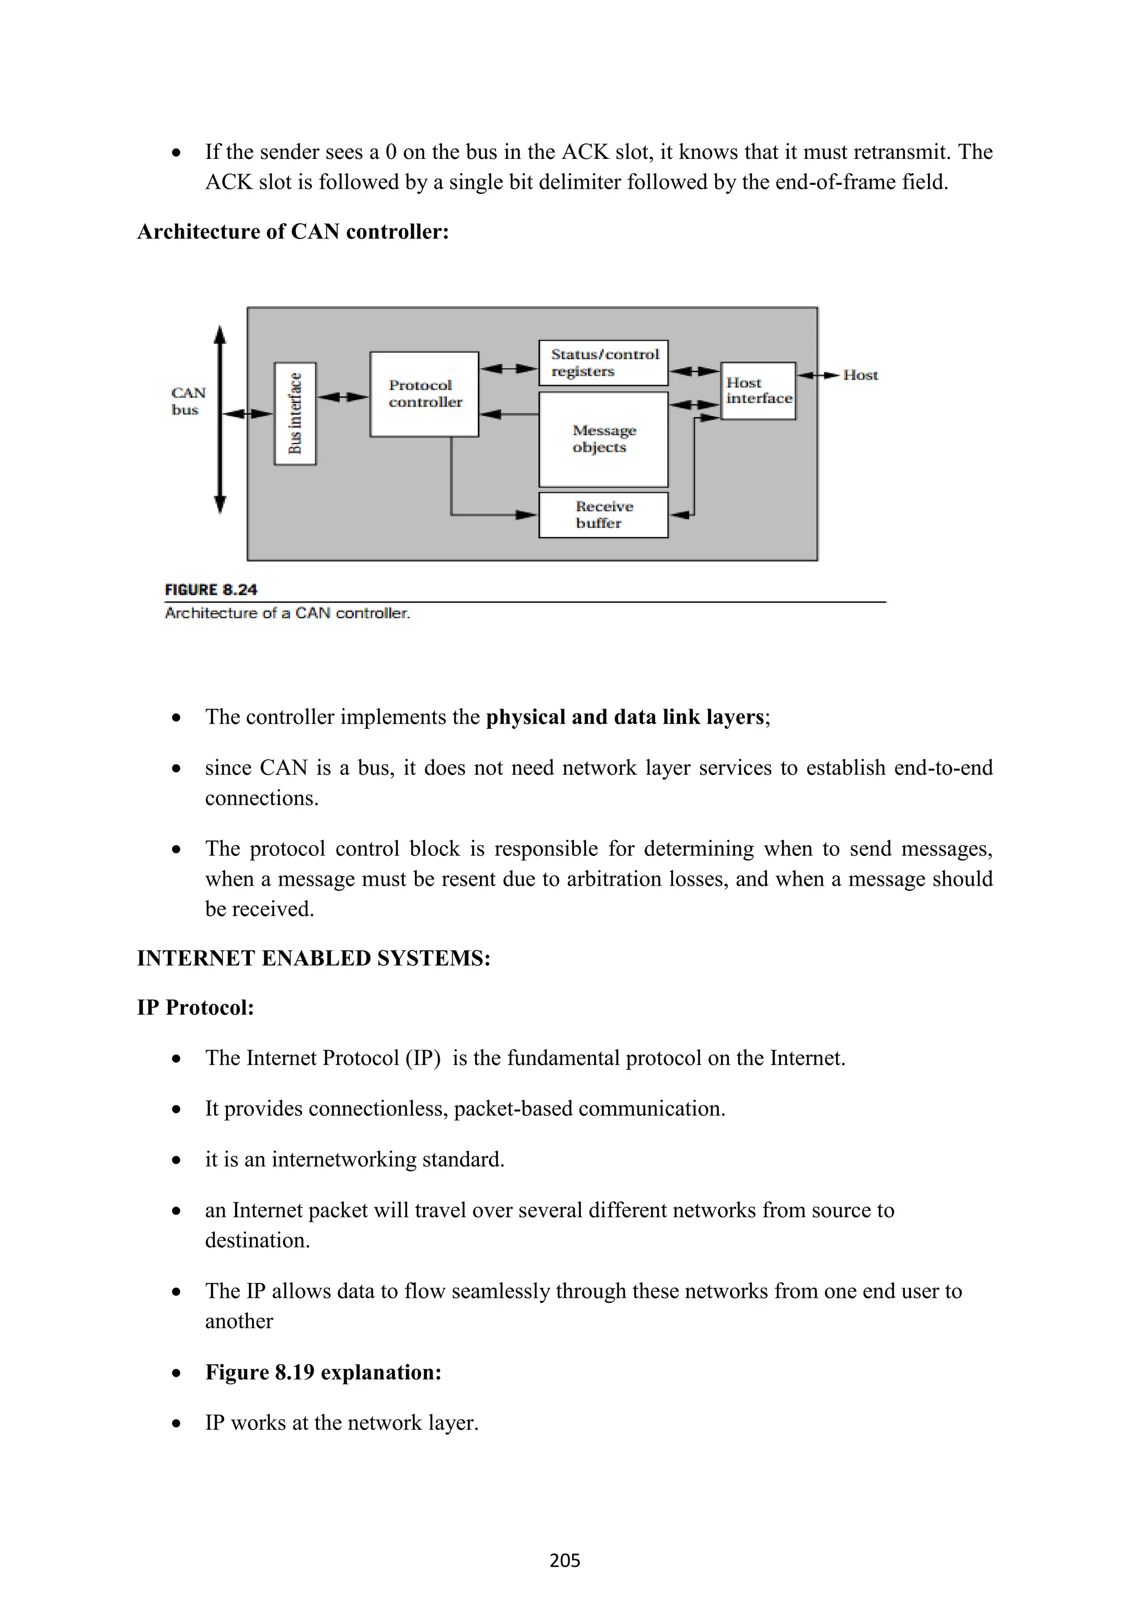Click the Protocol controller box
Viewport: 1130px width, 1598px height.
[424, 394]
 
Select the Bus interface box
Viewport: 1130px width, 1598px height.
[295, 413]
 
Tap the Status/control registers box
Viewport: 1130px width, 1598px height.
[603, 363]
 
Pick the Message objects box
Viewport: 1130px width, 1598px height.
[603, 439]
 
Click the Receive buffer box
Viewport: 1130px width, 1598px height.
[603, 515]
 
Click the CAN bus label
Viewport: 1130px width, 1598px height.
[187, 402]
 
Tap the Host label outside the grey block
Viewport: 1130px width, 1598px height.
[860, 375]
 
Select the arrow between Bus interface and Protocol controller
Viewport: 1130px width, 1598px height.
[343, 397]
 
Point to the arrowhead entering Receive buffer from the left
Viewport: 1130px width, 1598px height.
[526, 515]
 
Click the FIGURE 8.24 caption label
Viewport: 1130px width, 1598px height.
[211, 589]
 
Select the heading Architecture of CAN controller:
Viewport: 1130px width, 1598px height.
[293, 231]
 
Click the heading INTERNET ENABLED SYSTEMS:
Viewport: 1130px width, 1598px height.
[314, 958]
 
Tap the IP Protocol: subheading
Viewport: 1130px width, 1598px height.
[195, 1007]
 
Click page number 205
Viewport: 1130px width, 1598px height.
[564, 1560]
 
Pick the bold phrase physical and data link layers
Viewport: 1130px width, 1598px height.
[625, 717]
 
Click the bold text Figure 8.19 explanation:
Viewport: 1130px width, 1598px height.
[323, 1372]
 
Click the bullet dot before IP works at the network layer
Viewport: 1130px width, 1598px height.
[177, 1423]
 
